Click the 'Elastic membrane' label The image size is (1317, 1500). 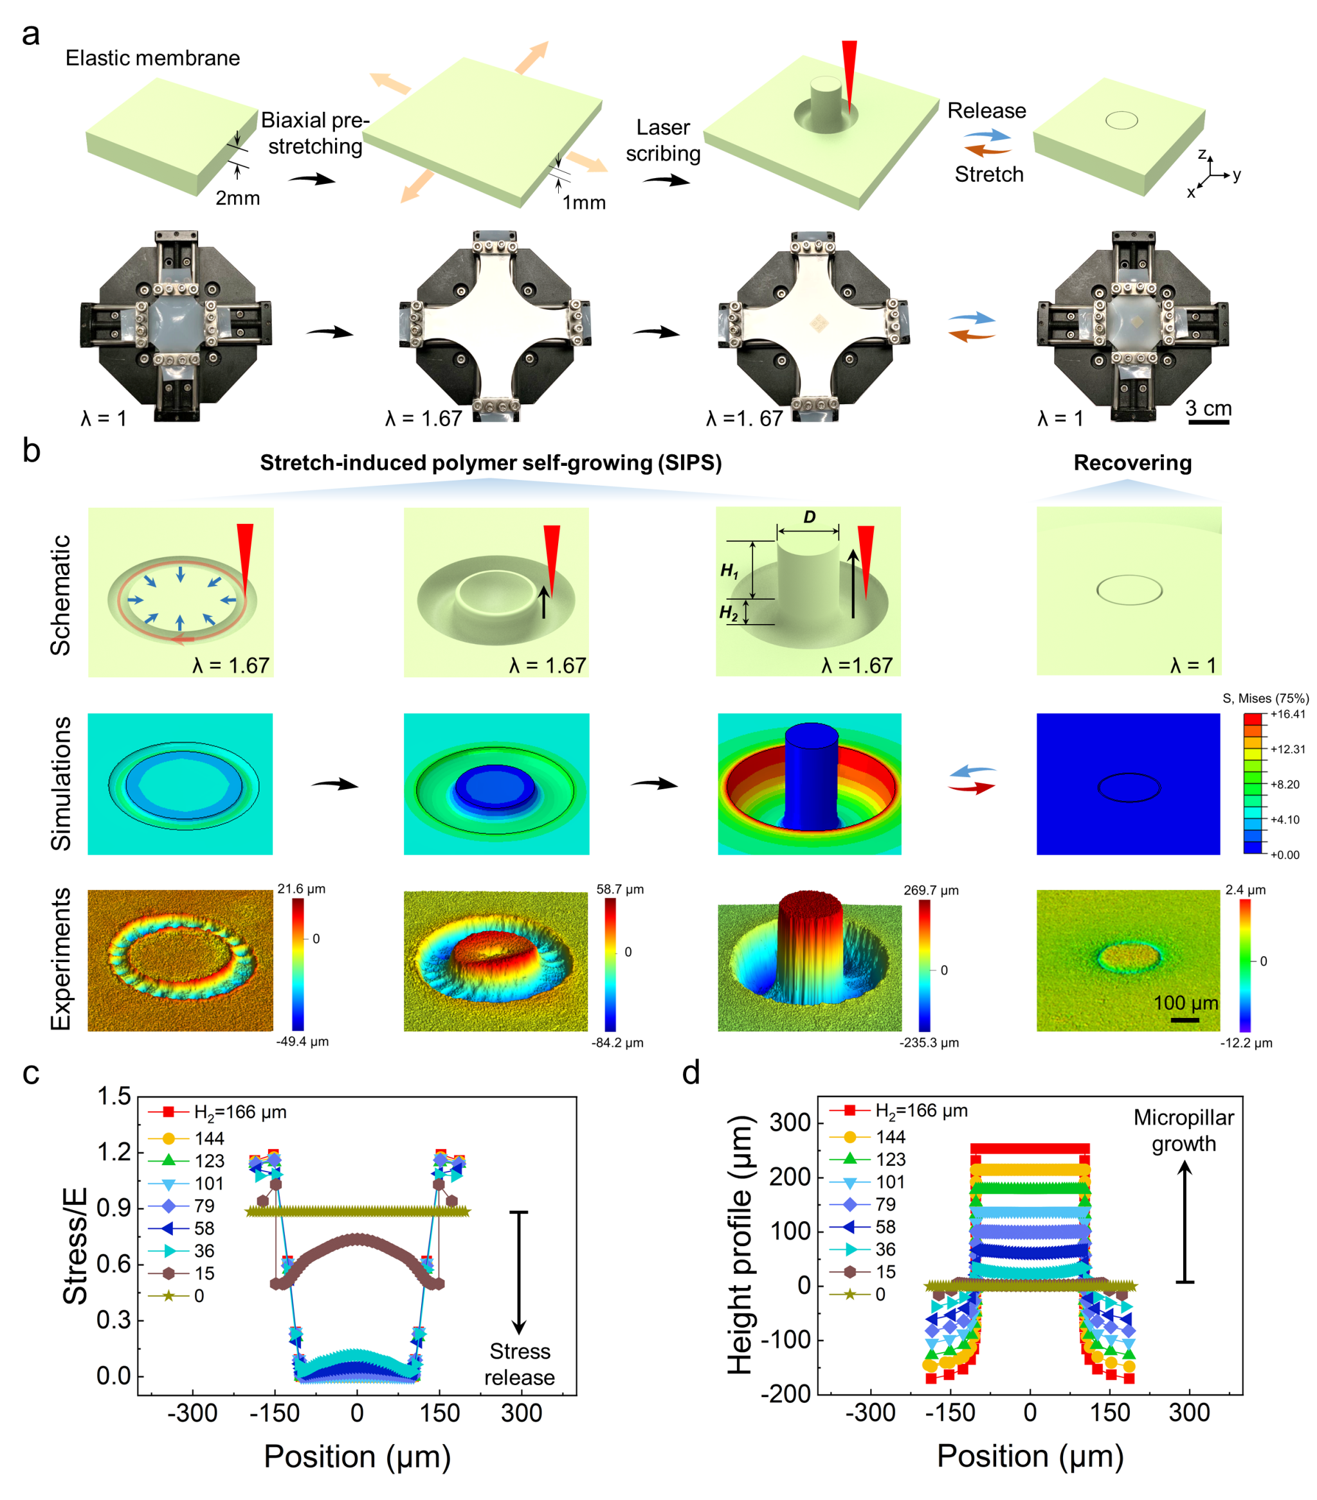tap(152, 58)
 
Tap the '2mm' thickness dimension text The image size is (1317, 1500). tap(237, 198)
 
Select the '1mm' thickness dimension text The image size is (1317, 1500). tap(584, 202)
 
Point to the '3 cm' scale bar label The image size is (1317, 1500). tap(1208, 408)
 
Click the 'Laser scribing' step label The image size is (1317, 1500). tap(663, 140)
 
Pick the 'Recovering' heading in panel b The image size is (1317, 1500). tap(1132, 463)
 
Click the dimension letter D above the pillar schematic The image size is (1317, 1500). tap(809, 517)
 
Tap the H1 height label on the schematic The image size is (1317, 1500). tap(729, 571)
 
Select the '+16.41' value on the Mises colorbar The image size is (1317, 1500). tap(1287, 714)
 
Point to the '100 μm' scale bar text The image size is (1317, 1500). tap(1186, 1003)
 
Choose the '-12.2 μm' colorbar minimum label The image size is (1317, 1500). tap(1246, 1043)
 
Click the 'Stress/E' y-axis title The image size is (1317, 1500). tap(75, 1246)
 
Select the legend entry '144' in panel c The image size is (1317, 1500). tap(209, 1138)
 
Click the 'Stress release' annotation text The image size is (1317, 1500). tap(520, 1364)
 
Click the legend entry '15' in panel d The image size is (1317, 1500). tap(886, 1272)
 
